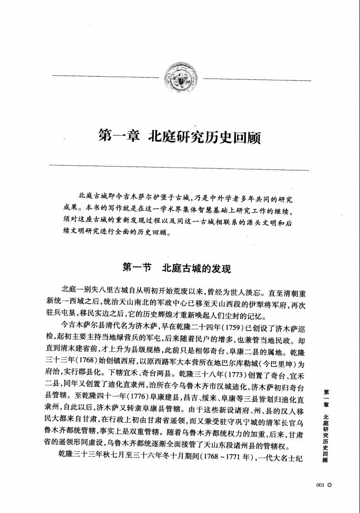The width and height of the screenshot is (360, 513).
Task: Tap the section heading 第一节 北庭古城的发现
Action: coord(177,268)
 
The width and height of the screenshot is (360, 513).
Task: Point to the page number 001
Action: coord(320,484)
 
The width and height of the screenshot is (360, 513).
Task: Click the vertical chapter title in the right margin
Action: coord(326,426)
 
